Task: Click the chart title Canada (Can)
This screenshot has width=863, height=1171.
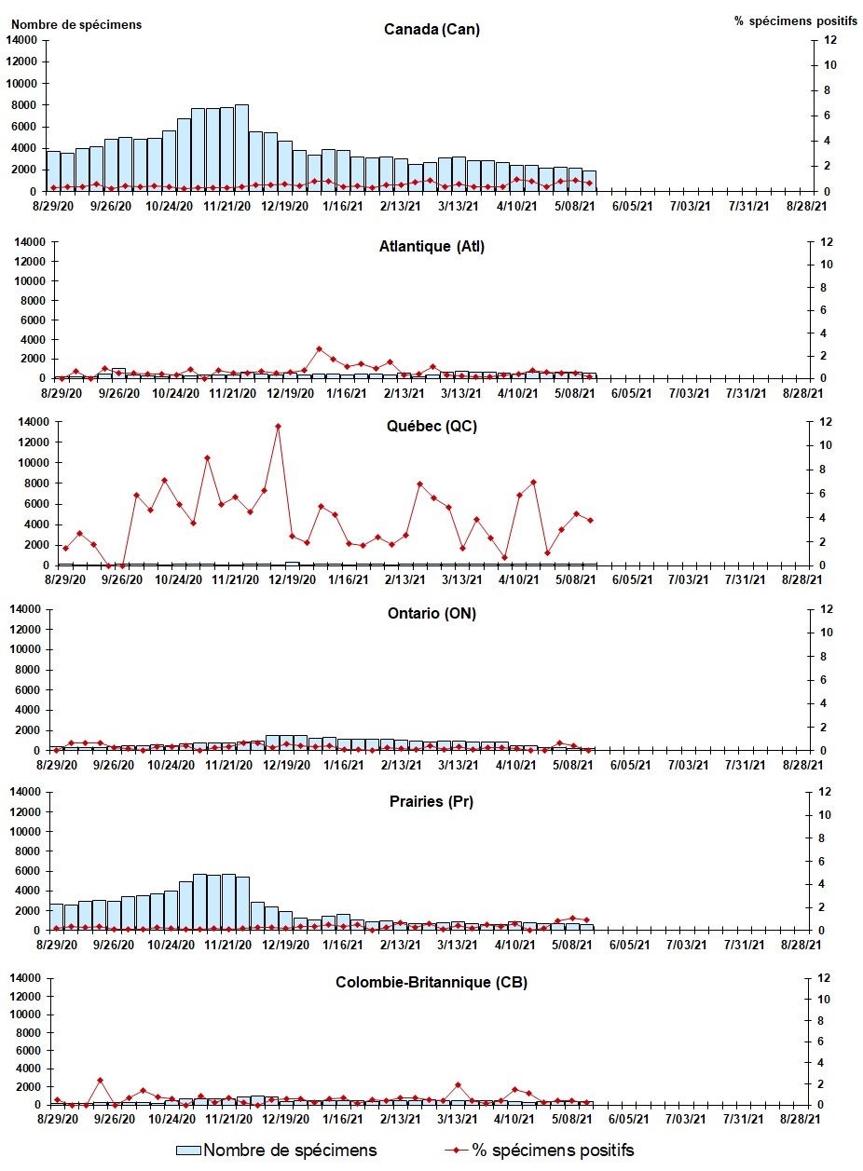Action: [431, 29]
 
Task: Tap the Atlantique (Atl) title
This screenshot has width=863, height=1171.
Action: [431, 247]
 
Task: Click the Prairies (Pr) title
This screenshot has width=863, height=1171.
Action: [431, 801]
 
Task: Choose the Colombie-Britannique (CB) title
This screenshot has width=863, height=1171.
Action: [431, 982]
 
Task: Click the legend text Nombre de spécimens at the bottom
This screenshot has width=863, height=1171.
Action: [290, 1151]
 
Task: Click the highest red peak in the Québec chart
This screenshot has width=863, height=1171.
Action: [278, 426]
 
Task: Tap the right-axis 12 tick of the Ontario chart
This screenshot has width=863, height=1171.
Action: [823, 609]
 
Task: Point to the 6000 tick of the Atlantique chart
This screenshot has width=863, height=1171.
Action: [28, 319]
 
